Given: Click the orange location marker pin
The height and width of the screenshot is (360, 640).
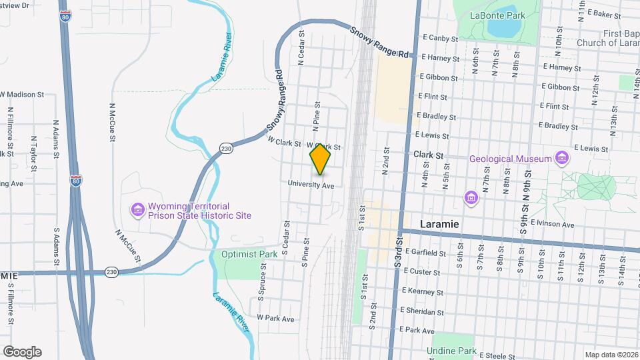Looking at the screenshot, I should (321, 159).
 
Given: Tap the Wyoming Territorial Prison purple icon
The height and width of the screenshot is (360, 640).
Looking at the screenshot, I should (138, 211).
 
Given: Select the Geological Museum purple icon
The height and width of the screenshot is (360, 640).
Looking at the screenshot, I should (563, 158).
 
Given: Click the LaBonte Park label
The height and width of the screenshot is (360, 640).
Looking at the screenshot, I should (493, 15).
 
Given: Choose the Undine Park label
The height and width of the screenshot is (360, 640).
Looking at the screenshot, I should (452, 351).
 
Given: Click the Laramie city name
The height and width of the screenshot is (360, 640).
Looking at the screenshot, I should (439, 224).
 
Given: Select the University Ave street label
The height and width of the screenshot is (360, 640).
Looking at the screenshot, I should (311, 185).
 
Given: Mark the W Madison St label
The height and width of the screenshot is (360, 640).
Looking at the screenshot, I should (22, 95).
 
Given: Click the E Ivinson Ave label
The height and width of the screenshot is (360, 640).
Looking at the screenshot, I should (549, 225).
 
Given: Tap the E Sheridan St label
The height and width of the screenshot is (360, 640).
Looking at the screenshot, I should (421, 311).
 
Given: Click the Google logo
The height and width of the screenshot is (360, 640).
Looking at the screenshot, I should (22, 352).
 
